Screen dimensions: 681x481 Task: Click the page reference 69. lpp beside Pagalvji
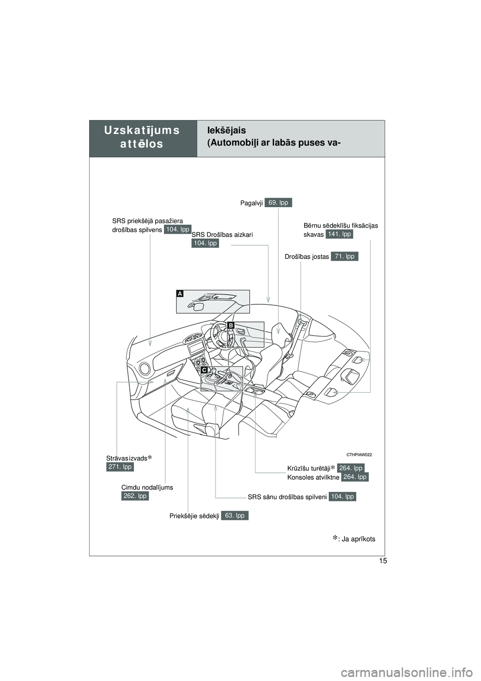click(x=278, y=203)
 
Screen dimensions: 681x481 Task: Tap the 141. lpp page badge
click(x=339, y=234)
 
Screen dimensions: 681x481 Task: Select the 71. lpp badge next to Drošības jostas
click(x=344, y=256)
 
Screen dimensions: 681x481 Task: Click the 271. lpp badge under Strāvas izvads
click(x=120, y=467)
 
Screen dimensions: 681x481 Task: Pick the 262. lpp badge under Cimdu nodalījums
click(x=135, y=496)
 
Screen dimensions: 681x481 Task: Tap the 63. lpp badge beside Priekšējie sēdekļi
click(x=234, y=515)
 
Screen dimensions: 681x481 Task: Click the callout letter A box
click(x=179, y=294)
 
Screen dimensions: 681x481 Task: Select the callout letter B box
click(x=231, y=325)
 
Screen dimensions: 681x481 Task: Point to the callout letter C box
click(x=204, y=370)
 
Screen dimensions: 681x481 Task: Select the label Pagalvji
click(x=252, y=203)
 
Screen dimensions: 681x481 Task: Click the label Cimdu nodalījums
click(x=147, y=487)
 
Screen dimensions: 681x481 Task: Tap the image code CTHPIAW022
click(x=359, y=454)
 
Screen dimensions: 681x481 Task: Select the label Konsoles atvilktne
click(x=314, y=477)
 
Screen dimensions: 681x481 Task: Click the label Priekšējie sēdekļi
click(x=194, y=516)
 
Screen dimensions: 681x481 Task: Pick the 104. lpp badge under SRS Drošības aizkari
click(x=205, y=243)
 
